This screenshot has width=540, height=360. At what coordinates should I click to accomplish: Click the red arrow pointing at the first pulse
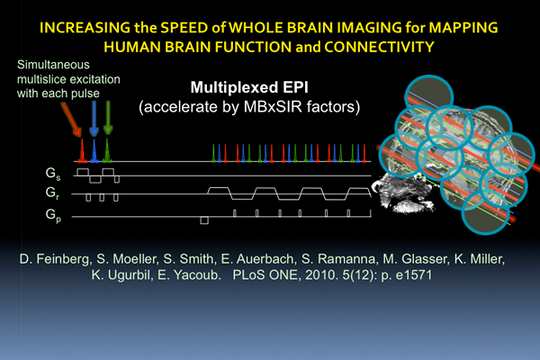(71, 119)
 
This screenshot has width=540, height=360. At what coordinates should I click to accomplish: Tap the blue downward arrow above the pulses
(94, 118)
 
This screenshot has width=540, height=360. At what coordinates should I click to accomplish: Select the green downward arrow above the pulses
(108, 118)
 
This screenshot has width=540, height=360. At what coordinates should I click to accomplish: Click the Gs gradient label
(53, 174)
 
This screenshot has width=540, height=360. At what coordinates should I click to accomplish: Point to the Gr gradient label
(52, 193)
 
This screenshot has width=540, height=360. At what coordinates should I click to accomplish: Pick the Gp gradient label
(53, 215)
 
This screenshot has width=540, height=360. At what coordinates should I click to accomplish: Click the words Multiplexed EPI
(249, 87)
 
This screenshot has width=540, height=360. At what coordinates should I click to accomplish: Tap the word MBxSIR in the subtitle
(273, 107)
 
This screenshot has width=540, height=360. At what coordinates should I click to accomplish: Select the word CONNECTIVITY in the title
(379, 47)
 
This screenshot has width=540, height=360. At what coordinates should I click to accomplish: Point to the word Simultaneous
(53, 65)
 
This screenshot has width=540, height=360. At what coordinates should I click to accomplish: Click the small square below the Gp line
(204, 220)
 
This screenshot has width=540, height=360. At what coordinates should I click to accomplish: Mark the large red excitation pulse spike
(82, 150)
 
